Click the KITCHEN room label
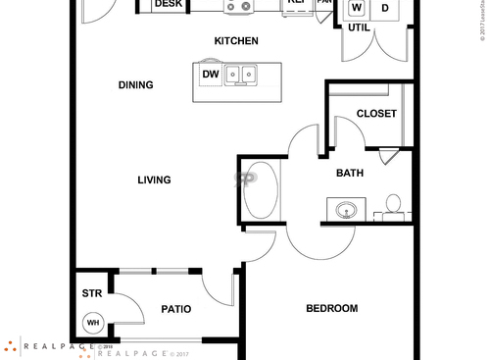236,41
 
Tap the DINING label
135,85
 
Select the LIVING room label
154,180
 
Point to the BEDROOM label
331,309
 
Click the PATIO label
175,310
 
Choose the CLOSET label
376,114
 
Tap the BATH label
350,174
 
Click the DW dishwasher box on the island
210,75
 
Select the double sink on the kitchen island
240,75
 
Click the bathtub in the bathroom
261,190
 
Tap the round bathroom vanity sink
346,209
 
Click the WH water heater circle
93,322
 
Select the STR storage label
91,292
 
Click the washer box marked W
356,8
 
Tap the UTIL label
358,27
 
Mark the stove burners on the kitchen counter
239,6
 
